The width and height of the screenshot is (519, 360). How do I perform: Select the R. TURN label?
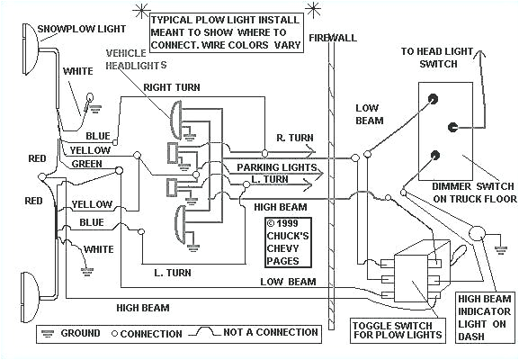tap(294, 138)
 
